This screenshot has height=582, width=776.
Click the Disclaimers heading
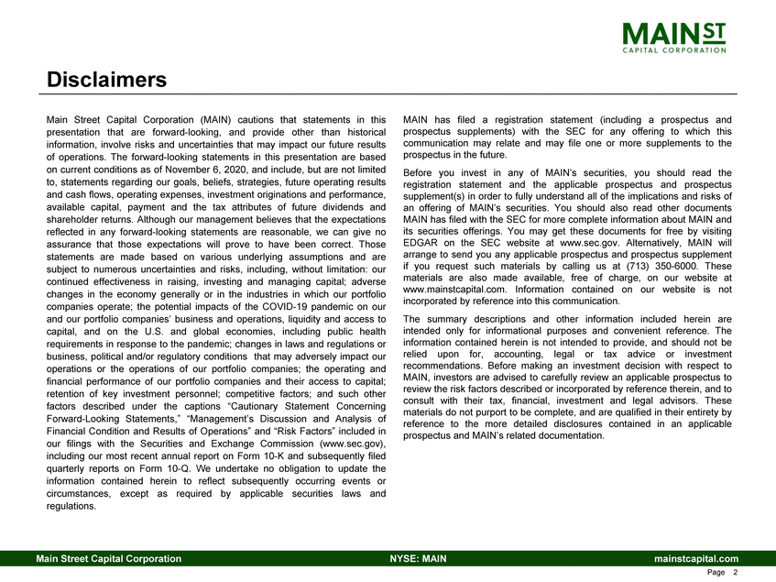(x=107, y=80)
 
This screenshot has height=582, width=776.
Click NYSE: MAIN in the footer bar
(x=417, y=558)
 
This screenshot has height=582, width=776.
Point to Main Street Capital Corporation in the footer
(x=108, y=558)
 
